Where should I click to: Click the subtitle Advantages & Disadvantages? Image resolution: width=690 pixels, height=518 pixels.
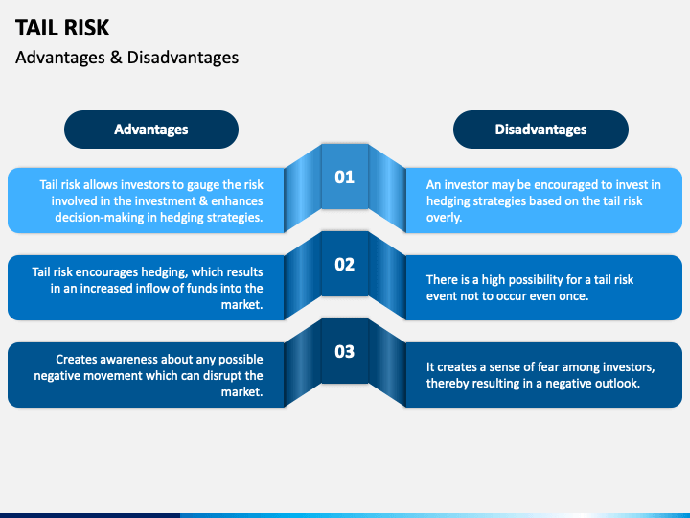tap(127, 58)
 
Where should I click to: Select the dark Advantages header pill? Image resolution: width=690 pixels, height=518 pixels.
tap(151, 129)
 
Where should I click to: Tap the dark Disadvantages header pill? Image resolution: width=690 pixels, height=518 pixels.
tap(540, 129)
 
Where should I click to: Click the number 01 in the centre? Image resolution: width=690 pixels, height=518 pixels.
tap(344, 177)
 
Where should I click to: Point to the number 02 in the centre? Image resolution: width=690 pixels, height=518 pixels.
tap(344, 264)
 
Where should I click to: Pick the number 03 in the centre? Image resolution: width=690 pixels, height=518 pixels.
tap(344, 351)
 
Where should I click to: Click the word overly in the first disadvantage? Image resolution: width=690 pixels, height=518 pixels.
tap(445, 217)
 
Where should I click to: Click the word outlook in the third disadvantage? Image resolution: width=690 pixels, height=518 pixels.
tap(616, 384)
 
